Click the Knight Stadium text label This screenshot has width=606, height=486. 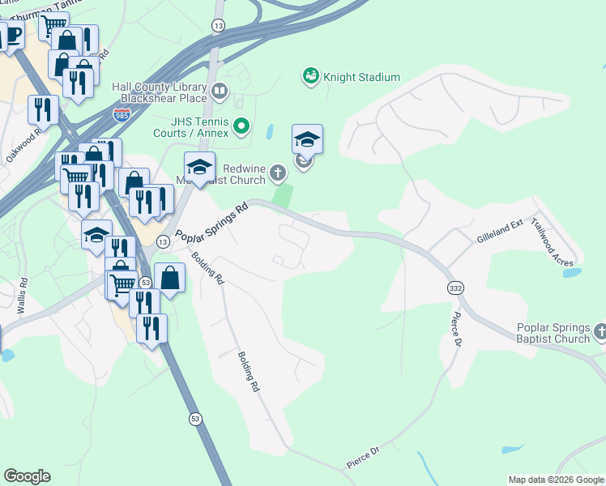tap(361, 77)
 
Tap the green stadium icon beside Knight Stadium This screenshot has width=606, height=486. tap(309, 76)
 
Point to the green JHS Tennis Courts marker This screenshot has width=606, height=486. tap(241, 126)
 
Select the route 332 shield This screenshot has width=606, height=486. tap(455, 288)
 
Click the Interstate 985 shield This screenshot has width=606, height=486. tap(122, 115)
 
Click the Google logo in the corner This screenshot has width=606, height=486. tap(27, 476)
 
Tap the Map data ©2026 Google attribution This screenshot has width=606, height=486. tap(555, 480)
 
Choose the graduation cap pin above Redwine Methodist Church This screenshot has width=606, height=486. tap(307, 140)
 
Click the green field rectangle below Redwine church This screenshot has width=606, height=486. tap(282, 195)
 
